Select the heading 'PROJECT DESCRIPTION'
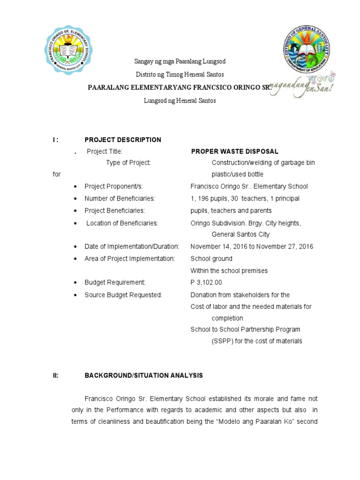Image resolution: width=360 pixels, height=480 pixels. [122, 140]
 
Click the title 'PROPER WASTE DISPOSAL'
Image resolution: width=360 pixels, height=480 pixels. [234, 151]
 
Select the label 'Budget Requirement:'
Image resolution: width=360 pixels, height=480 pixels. [115, 282]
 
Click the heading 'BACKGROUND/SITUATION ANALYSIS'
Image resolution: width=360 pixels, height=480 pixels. [143, 375]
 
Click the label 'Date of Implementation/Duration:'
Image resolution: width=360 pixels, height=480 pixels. [132, 247]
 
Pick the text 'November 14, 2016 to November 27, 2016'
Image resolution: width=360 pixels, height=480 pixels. [252, 247]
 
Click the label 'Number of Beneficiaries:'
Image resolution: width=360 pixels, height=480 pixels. [120, 199]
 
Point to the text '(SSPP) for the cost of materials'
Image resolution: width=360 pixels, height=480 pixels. [257, 341]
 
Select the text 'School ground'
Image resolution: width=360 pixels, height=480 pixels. [211, 259]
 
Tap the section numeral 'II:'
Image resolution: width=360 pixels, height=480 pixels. [55, 375]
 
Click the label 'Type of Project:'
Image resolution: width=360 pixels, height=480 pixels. [128, 163]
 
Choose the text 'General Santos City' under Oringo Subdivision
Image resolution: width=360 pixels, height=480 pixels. [240, 234]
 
